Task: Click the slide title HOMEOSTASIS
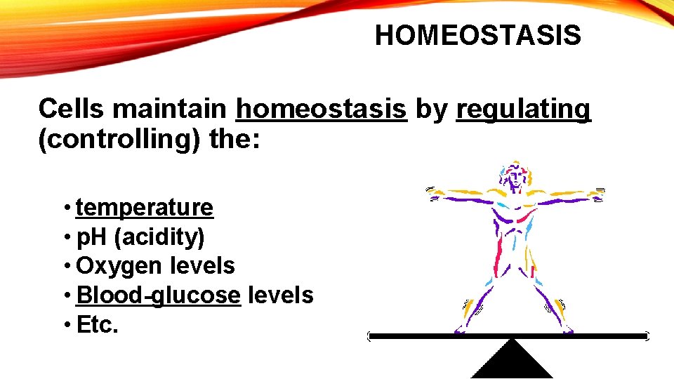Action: point(477,35)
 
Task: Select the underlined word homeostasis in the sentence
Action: point(322,109)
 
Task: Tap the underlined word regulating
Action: point(523,109)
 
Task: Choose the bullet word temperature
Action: point(145,208)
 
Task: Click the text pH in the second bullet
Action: point(91,237)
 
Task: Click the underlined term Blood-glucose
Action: point(158,295)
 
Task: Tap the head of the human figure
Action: point(515,174)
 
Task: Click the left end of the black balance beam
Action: point(372,337)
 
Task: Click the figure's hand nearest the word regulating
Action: point(598,192)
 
